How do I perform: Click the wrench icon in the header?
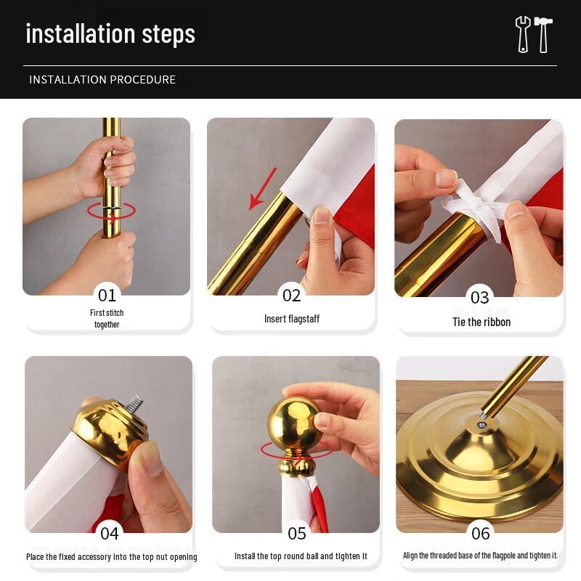point(523,34)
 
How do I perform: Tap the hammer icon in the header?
point(543,34)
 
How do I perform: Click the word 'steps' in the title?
point(168,34)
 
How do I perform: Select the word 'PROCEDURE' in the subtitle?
point(142,80)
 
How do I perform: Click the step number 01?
point(107,296)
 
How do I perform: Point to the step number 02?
point(291,296)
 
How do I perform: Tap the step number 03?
point(479,298)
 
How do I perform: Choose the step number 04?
point(110,534)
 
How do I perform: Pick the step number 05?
point(297,534)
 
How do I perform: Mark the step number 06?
point(481,534)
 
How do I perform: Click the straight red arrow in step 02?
point(263,188)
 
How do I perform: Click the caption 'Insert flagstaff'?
point(292,319)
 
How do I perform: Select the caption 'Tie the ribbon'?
point(482,322)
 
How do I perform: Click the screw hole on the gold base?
point(482,425)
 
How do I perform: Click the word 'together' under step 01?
point(107,325)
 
